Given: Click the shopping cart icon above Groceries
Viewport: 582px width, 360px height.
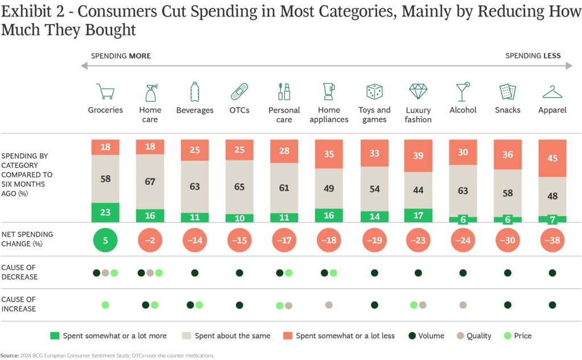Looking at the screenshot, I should [105, 92].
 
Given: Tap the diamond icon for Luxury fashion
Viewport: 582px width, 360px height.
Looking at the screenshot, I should [418, 92].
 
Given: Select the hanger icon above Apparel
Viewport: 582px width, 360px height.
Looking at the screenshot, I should [552, 92].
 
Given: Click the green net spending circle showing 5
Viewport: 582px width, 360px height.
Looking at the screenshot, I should [105, 239].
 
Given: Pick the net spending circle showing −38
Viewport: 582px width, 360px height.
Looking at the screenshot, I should [552, 239].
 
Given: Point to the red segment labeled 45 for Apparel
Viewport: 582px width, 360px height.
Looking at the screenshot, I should [552, 158].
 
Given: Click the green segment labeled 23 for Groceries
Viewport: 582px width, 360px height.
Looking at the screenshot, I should [105, 212].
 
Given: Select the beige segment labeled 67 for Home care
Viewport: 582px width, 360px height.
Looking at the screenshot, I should [150, 181].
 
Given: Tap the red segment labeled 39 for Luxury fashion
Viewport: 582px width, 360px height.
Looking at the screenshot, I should [418, 156].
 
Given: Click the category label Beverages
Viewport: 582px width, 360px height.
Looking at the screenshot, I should [195, 110].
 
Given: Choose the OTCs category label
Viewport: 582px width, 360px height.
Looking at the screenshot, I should [240, 110].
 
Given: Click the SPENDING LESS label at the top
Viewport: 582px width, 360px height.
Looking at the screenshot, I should [533, 56].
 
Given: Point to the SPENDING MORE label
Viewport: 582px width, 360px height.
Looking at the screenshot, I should [121, 56].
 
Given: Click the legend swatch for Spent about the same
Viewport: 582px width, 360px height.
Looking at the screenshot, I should [186, 336].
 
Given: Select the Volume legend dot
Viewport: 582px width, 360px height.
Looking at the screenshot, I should [412, 336].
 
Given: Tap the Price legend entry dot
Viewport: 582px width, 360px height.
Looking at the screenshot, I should [508, 336].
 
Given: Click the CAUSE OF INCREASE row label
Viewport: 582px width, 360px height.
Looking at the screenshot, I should [19, 304].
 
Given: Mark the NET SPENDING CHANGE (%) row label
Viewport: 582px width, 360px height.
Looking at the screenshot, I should [27, 239].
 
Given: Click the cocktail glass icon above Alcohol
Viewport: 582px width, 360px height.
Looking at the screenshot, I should [463, 92].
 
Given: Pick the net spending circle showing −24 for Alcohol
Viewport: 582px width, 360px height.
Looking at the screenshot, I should [463, 239].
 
